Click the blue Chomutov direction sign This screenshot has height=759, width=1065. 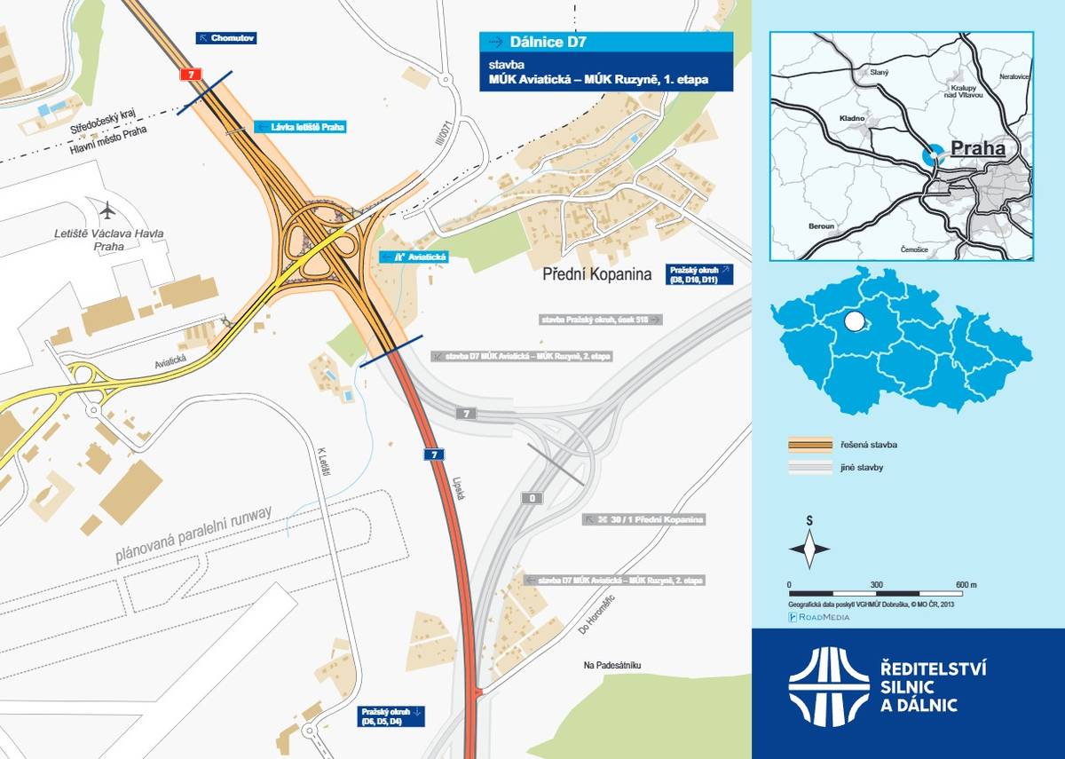click(x=225, y=38)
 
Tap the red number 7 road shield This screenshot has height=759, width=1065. click(x=188, y=75)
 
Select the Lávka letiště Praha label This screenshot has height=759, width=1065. click(x=299, y=127)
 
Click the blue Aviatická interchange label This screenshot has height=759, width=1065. click(x=414, y=257)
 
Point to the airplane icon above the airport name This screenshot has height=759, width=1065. click(x=108, y=211)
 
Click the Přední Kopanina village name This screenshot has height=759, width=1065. click(x=596, y=274)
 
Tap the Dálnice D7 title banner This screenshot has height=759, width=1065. click(x=606, y=42)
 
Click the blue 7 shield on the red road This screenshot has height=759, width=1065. click(x=433, y=455)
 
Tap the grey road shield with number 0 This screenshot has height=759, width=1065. click(x=532, y=498)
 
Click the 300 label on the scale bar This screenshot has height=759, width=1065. click(x=876, y=584)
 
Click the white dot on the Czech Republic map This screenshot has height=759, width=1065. click(x=854, y=320)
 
